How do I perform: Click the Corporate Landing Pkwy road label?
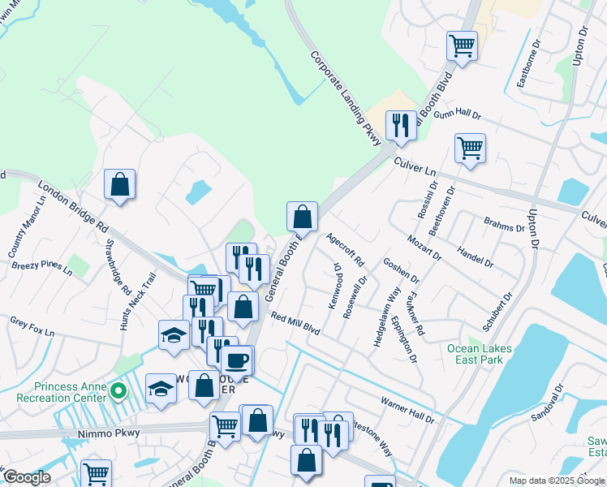pos(347,100)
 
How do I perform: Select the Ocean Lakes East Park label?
pos(480,354)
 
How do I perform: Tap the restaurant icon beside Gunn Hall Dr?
pos(401,125)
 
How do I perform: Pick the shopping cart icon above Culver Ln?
pos(470,149)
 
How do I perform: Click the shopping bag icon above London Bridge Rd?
pos(120,183)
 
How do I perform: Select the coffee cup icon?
pos(238,360)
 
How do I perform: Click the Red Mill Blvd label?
pos(296,325)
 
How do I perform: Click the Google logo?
pos(27,477)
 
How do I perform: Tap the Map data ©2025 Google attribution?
pos(556,481)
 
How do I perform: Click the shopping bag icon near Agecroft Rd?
pos(302,216)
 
